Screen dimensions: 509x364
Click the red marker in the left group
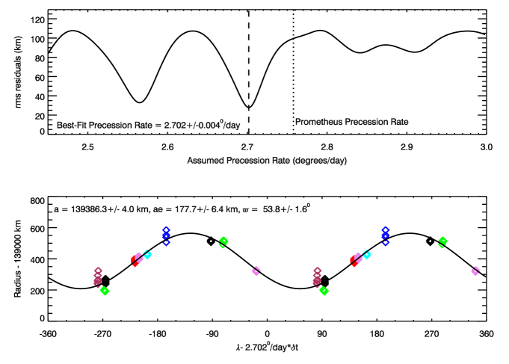pos(135,261)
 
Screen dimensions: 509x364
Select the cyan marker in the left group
pos(148,255)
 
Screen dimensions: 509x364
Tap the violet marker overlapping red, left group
pos(139,257)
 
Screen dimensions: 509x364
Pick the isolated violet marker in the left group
pos(256,271)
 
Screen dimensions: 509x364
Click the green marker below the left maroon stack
pos(105,291)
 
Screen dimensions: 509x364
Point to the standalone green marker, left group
pos(223,241)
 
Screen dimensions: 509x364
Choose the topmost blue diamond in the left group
pos(166,229)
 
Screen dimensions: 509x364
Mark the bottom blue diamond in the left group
pos(167,242)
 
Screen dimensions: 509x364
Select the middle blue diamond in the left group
pos(166,235)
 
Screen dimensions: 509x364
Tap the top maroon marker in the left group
pos(99,271)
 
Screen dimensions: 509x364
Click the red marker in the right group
pos(354,261)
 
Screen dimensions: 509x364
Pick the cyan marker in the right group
pos(367,255)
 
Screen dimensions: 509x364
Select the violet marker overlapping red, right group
pos(358,257)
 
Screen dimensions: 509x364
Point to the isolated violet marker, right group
pos(475,271)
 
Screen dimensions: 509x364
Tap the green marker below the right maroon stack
pos(324,291)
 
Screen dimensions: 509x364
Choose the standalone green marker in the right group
pos(442,241)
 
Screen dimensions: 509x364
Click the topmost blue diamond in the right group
pos(385,229)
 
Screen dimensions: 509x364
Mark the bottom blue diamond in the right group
pos(386,242)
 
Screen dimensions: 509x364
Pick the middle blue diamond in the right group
pos(385,235)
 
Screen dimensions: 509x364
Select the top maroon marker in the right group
pos(318,271)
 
